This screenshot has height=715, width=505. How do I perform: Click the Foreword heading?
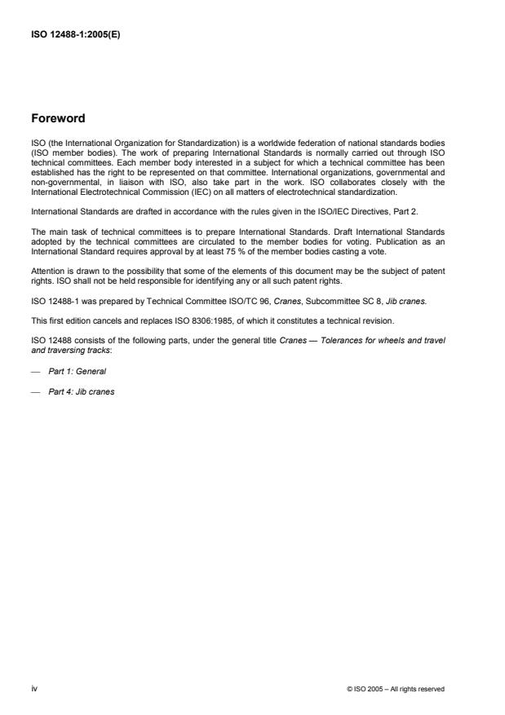coord(59,117)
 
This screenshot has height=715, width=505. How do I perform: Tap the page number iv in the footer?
coord(33,688)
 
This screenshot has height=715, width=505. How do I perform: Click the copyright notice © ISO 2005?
coord(396,689)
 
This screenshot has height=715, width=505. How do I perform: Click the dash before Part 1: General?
coord(35,372)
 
